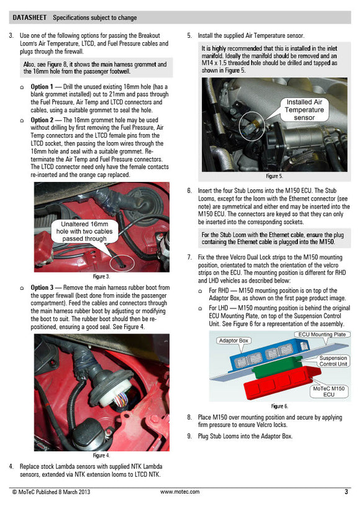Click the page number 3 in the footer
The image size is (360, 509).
click(346, 492)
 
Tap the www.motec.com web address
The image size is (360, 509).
click(180, 492)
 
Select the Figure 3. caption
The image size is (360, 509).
click(101, 276)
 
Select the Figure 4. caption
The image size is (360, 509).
click(101, 456)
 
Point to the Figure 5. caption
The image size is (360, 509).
click(274, 176)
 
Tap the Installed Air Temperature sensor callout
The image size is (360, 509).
click(304, 109)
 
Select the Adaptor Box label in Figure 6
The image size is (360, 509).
click(233, 341)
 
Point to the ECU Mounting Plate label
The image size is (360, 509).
click(321, 335)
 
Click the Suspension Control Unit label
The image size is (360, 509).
click(333, 361)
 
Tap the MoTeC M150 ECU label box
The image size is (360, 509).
click(329, 392)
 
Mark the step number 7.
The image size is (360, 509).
click(189, 257)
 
